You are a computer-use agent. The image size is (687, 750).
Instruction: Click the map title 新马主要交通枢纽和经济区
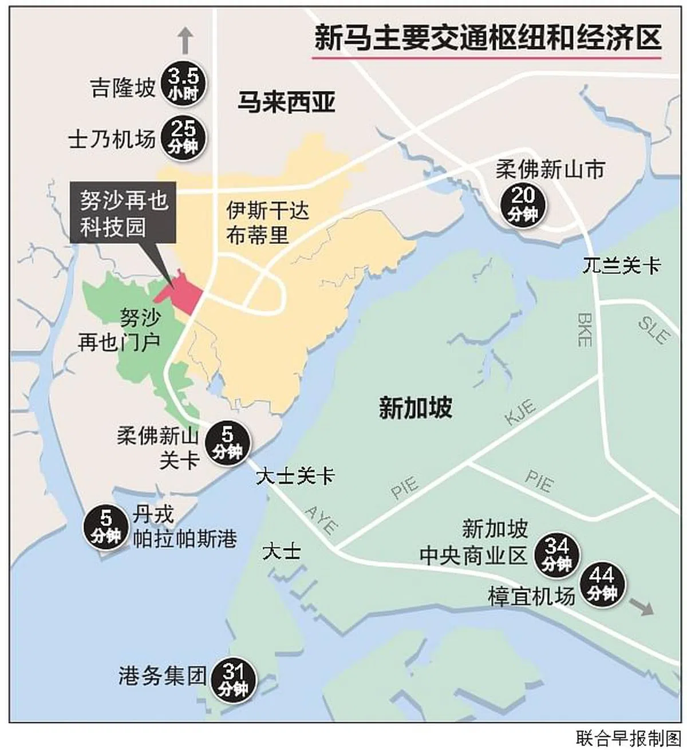tap(487, 38)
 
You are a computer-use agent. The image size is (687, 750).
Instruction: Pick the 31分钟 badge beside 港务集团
tap(233, 679)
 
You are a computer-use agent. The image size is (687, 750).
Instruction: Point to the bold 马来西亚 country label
tap(286, 104)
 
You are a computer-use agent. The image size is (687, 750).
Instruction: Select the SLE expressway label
tap(653, 331)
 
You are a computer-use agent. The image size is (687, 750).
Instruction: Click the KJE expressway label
tap(520, 413)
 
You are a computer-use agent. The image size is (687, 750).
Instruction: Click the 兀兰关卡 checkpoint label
tap(621, 266)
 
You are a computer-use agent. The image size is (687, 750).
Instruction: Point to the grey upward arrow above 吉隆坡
tap(184, 42)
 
